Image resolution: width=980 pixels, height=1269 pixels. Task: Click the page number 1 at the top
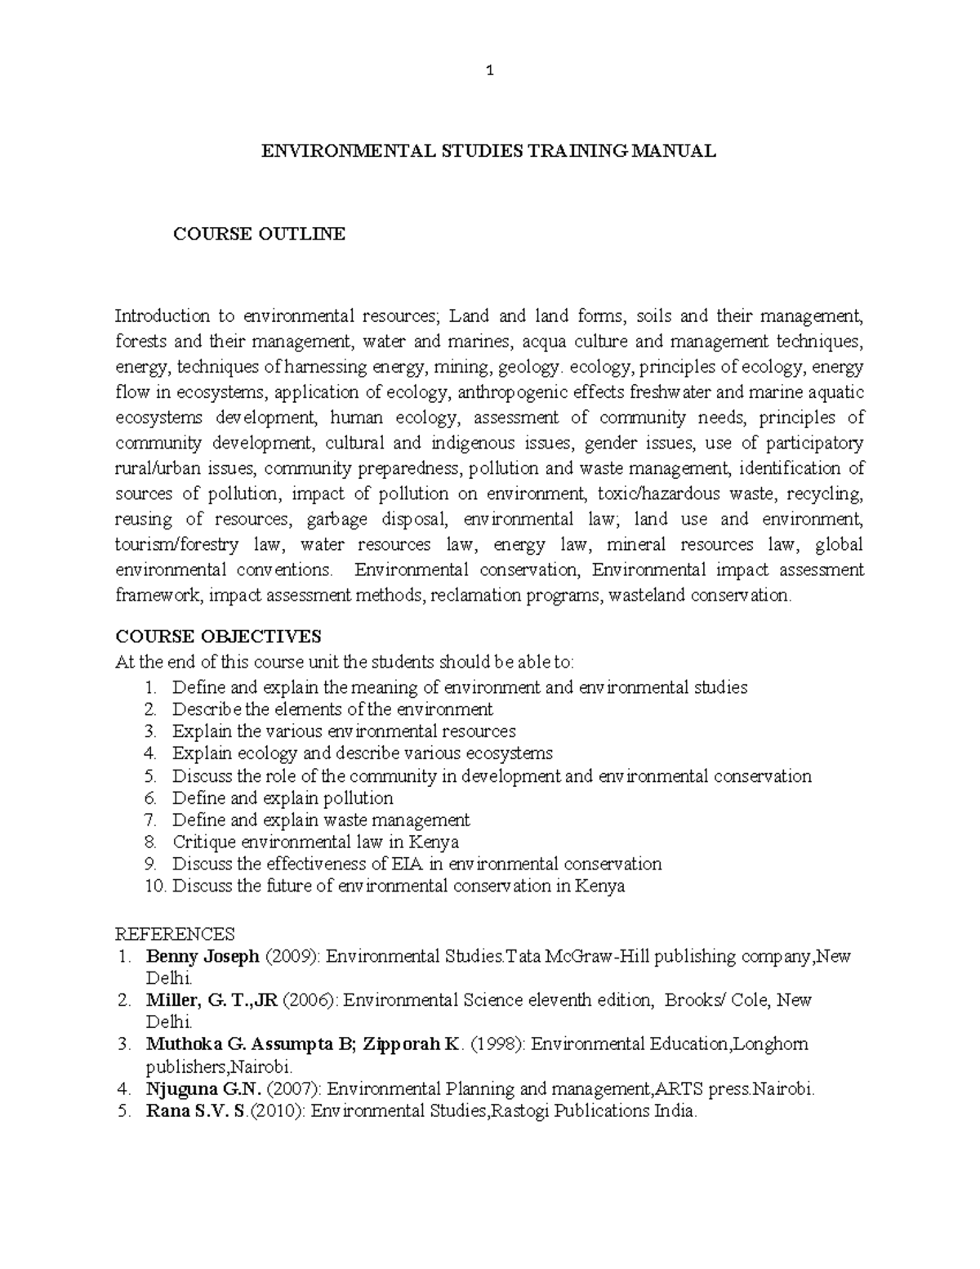tap(490, 71)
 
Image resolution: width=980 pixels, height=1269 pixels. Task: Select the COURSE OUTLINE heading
tap(259, 235)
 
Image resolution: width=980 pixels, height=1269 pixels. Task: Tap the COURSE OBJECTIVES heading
tap(218, 637)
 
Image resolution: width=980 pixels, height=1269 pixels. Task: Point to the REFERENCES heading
tap(175, 934)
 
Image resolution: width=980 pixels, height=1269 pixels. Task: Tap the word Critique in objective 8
tap(203, 842)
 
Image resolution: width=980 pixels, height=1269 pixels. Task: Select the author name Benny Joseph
tap(203, 956)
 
